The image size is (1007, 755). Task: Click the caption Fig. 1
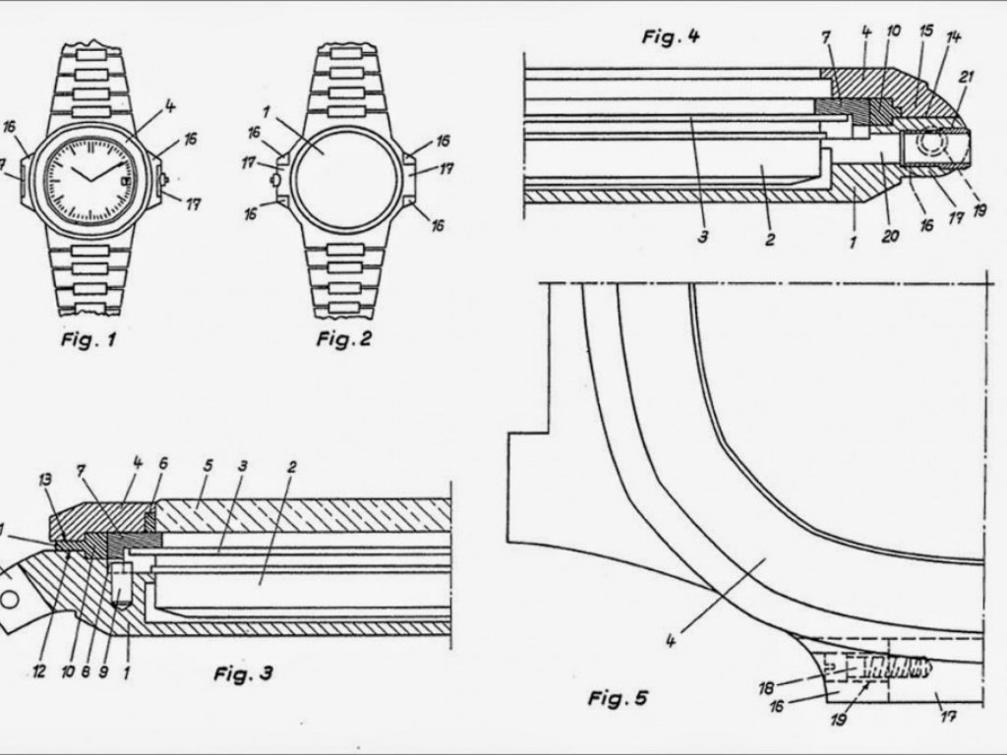[89, 338]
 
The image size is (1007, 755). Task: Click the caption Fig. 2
[344, 338]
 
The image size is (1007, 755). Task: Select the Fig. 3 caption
[244, 672]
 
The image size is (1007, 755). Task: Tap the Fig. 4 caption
[671, 36]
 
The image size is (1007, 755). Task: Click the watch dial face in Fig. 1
[90, 179]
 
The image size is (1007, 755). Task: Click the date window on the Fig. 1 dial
[125, 181]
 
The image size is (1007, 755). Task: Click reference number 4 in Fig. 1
[169, 106]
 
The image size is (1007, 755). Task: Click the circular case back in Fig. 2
[345, 180]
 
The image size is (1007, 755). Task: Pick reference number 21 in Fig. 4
[966, 78]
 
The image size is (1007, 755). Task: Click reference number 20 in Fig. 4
[889, 236]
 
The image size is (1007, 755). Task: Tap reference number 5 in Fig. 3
[207, 465]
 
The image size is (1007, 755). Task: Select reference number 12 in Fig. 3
[39, 672]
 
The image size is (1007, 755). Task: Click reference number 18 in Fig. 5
[766, 689]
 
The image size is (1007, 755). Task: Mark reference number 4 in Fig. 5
[671, 641]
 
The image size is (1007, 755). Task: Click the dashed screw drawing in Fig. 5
[876, 668]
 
